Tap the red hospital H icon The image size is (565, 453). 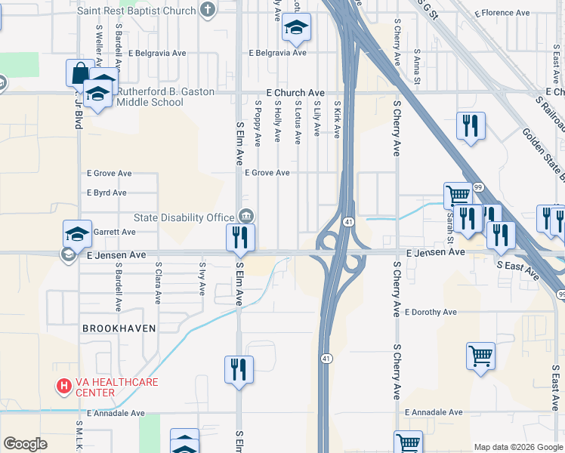(64, 387)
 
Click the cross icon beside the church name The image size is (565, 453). (208, 10)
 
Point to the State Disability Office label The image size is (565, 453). (184, 217)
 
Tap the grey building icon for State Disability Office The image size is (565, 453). (245, 217)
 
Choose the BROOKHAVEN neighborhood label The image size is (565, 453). (119, 328)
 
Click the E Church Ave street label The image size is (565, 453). (295, 92)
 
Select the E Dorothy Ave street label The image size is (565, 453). (431, 312)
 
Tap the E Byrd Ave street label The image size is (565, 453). (107, 193)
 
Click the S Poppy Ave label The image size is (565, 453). (258, 123)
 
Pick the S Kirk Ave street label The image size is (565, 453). (337, 121)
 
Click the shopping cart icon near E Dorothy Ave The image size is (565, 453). (481, 356)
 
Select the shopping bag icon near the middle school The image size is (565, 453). (79, 73)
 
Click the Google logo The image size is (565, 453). (25, 444)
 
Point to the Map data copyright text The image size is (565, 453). (518, 447)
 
